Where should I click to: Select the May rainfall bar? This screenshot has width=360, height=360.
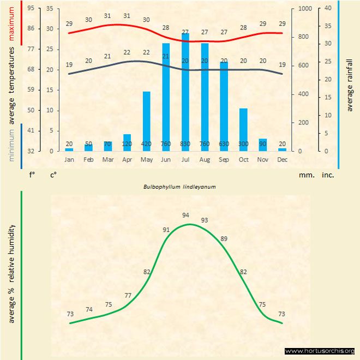pyautogui.click(x=146, y=121)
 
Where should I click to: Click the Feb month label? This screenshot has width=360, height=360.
pyautogui.click(x=88, y=160)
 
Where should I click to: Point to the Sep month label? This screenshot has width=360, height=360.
pyautogui.click(x=224, y=160)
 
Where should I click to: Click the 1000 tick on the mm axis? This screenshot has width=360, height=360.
pyautogui.click(x=305, y=9)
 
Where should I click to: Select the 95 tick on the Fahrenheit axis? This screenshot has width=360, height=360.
pyautogui.click(x=31, y=9)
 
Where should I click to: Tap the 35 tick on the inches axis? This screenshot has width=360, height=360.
pyautogui.click(x=328, y=26)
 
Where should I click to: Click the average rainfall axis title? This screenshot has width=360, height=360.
pyautogui.click(x=350, y=82)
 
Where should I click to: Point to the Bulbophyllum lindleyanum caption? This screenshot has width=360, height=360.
pyautogui.click(x=180, y=187)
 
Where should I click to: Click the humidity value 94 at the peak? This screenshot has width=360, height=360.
pyautogui.click(x=185, y=215)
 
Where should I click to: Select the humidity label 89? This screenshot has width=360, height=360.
pyautogui.click(x=223, y=239)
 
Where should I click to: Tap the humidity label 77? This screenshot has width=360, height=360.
pyautogui.click(x=128, y=295)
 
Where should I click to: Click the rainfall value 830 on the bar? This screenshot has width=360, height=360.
pyautogui.click(x=185, y=144)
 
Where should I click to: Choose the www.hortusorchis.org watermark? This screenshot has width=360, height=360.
pyautogui.click(x=320, y=351)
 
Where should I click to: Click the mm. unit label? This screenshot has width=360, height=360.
pyautogui.click(x=307, y=176)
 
